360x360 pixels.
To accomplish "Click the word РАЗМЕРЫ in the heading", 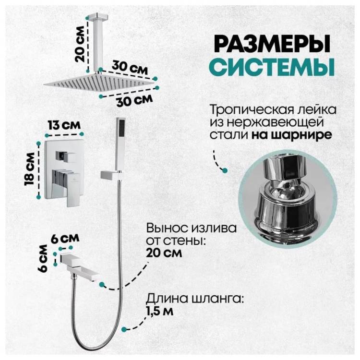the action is (x=273, y=44).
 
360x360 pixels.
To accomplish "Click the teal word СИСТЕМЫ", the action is (x=272, y=67).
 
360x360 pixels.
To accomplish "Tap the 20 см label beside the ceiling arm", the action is (x=80, y=44).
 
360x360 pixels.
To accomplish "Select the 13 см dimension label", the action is (x=64, y=125).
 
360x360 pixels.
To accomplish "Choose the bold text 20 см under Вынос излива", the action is (x=164, y=253).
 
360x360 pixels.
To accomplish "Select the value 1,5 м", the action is (x=160, y=312).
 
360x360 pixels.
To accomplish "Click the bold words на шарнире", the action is (x=292, y=135).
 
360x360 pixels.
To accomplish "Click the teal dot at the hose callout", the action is (x=124, y=329).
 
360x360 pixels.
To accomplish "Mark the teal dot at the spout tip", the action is (x=102, y=285).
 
